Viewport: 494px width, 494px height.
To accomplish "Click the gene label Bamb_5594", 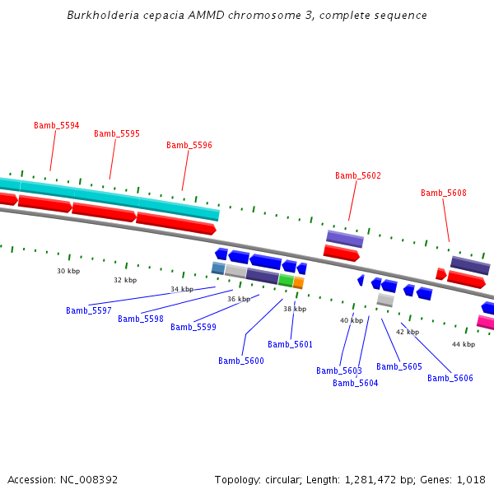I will point(57,125).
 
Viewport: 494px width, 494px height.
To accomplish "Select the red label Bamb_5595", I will point(117,133).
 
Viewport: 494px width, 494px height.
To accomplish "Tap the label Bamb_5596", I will point(189,145).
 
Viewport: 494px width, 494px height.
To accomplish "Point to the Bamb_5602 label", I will point(358,175).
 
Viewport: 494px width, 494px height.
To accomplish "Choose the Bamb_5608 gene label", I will point(444,193).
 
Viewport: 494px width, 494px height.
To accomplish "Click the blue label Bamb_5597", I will point(89,310).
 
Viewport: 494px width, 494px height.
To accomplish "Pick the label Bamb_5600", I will point(241,361).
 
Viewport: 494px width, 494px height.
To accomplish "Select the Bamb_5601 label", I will point(291,344).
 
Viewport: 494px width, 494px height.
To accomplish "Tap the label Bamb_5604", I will point(356,383).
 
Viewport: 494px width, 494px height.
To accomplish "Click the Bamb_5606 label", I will point(450,378).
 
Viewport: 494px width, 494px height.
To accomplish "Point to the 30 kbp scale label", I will point(68,271).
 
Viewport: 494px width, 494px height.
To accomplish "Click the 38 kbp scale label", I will point(295,309).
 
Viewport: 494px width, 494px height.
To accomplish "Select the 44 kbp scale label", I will point(464,344).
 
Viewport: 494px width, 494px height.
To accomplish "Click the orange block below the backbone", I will point(299,282).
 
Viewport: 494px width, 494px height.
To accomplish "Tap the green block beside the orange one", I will point(286,280).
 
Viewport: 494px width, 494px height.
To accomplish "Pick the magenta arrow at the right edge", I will point(486,322).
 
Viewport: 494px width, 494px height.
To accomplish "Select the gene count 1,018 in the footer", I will point(473,479).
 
